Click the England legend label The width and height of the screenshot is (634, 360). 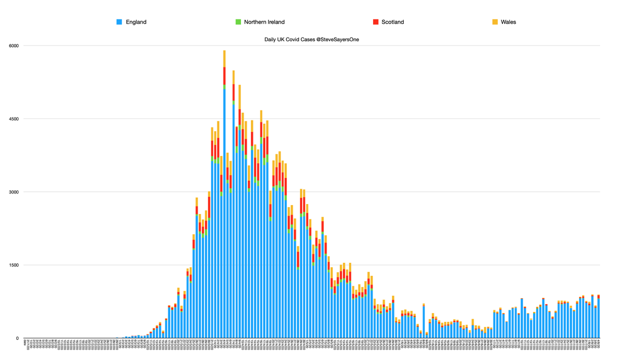click(136, 22)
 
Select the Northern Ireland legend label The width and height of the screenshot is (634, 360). click(264, 22)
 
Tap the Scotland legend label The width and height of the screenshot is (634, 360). click(393, 22)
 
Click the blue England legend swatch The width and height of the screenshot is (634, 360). click(119, 22)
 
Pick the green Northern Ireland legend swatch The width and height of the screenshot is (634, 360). click(239, 22)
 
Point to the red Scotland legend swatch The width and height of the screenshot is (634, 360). click(376, 22)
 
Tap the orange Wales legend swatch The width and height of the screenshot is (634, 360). click(495, 22)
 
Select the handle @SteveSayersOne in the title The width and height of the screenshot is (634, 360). click(344, 40)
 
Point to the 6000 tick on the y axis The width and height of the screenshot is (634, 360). click(13, 45)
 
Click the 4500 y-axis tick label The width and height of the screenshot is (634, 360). click(13, 119)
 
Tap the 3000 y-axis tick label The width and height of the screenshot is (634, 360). click(13, 192)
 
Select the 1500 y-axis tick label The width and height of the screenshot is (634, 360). click(13, 265)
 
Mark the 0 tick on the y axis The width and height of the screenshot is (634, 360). click(17, 338)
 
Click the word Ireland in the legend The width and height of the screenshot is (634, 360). click(274, 22)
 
